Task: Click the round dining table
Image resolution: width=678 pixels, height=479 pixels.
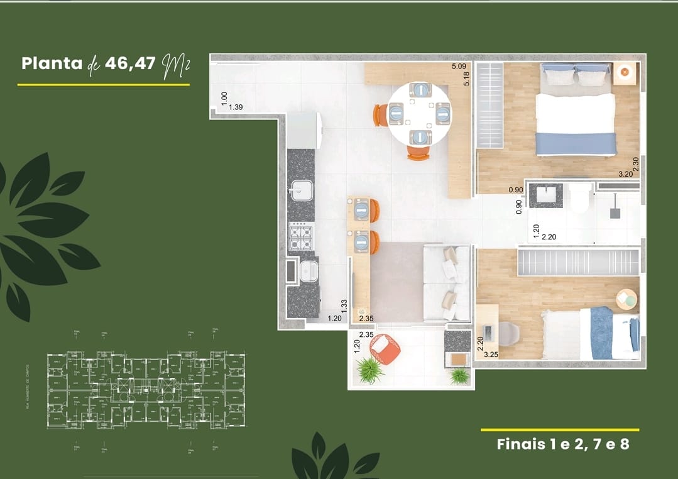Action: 419,114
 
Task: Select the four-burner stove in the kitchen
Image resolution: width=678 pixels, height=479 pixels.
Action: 301,237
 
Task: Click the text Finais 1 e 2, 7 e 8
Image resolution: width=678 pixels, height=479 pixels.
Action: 562,444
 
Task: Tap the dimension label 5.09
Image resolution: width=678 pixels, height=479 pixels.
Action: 459,66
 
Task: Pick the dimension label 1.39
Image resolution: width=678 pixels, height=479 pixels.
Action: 236,107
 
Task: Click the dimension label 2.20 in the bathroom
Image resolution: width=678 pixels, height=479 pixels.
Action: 549,237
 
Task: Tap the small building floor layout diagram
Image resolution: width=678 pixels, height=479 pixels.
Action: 146,390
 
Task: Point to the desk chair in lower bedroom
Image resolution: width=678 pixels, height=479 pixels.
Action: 508,333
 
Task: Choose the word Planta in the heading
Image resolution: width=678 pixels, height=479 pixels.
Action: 52,63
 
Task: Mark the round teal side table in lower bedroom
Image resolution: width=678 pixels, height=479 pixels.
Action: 626,299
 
